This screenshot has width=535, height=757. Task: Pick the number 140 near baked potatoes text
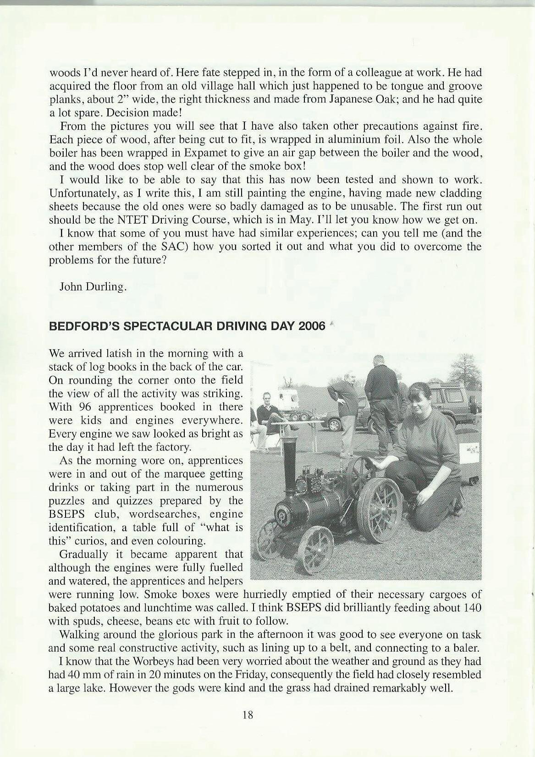tap(472, 608)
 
